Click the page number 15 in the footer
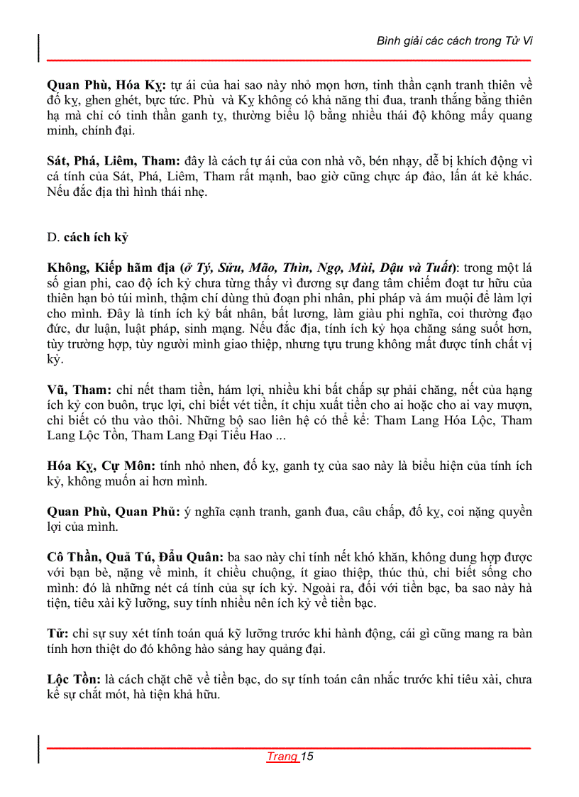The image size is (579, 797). pyautogui.click(x=307, y=757)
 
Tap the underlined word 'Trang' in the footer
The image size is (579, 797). pyautogui.click(x=282, y=757)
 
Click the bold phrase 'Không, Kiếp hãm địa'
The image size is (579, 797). pyautogui.click(x=111, y=268)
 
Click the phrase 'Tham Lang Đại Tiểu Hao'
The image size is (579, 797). pyautogui.click(x=208, y=435)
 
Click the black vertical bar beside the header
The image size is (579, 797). pyautogui.click(x=39, y=47)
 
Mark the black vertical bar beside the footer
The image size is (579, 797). pyautogui.click(x=39, y=749)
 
